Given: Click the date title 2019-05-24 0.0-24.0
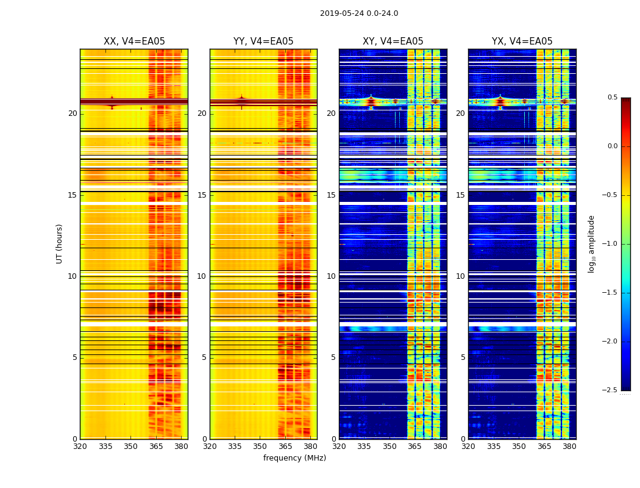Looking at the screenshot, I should tap(359, 13).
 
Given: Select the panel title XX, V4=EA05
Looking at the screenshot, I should tap(134, 41).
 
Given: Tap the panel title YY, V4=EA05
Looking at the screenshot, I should tap(263, 41).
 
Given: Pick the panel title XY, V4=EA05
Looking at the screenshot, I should tap(393, 41).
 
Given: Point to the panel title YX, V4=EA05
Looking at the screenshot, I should tap(522, 41).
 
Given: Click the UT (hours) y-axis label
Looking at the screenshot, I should tap(60, 243).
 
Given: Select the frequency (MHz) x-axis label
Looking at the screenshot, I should tap(294, 458).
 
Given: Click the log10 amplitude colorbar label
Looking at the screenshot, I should tap(592, 244).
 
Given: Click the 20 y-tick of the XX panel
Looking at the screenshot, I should tap(73, 113).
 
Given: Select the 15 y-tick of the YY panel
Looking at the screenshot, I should tap(202, 195).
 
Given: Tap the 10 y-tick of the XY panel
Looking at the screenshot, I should tap(331, 276).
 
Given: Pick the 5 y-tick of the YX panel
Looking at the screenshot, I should tap(463, 357).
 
